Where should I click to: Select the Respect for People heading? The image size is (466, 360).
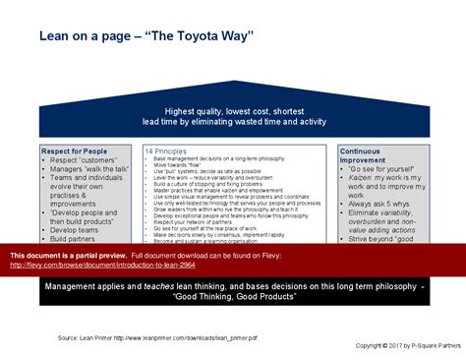(x=75, y=150)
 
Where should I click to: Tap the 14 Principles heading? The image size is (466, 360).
(x=165, y=151)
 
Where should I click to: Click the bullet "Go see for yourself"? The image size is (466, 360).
(x=384, y=169)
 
